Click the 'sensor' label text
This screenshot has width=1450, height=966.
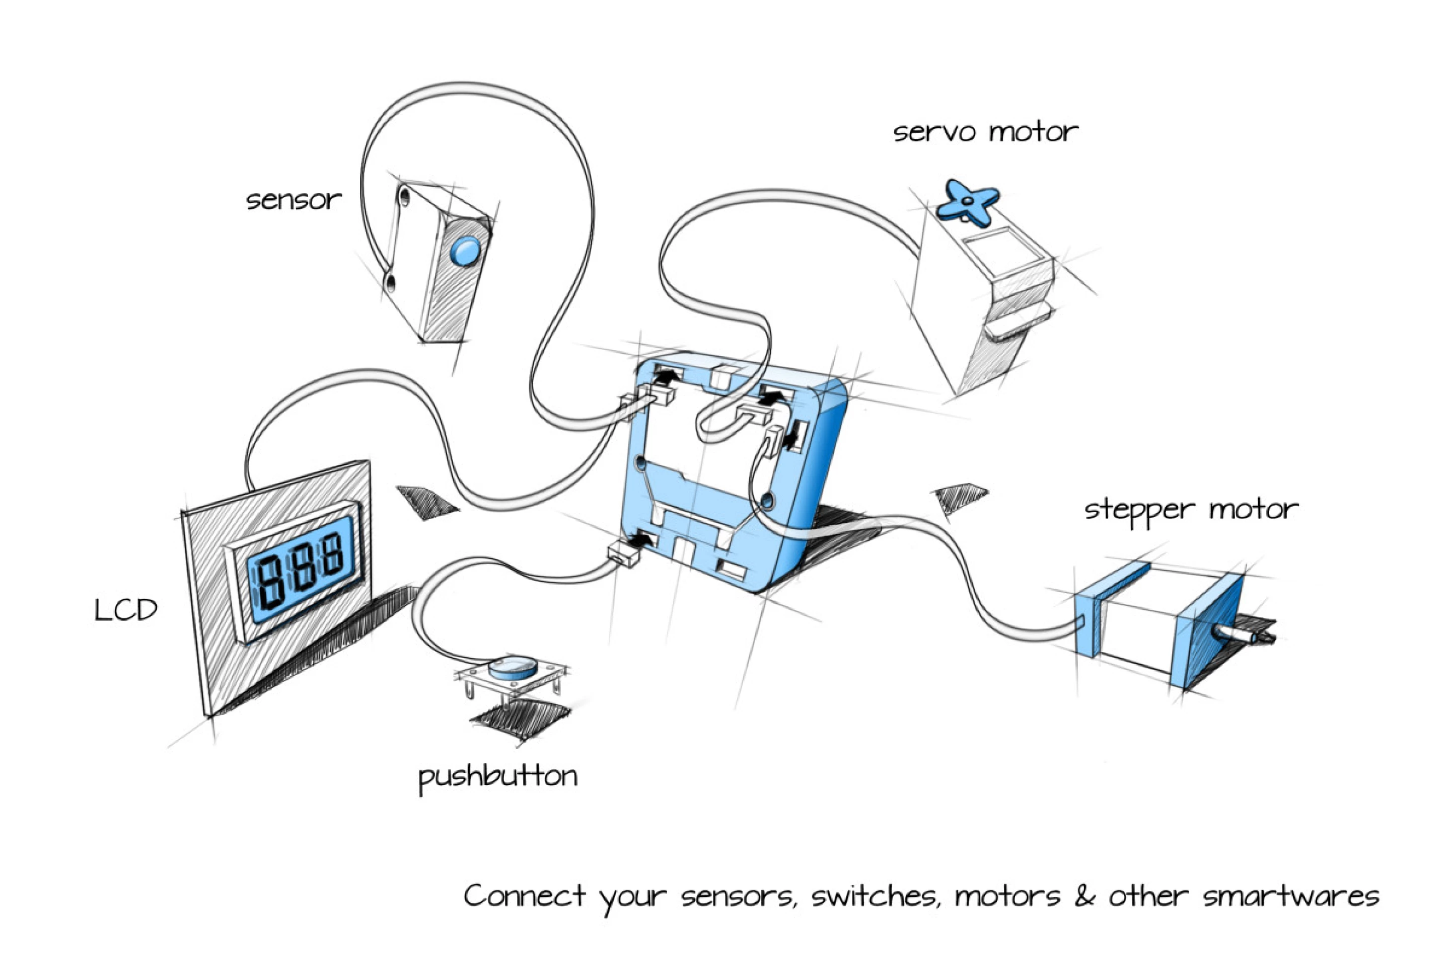point(294,200)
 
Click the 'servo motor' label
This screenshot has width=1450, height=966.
point(985,132)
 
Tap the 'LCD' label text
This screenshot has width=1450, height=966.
point(126,610)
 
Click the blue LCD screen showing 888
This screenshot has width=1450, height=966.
point(302,569)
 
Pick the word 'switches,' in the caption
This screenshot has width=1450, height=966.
point(876,897)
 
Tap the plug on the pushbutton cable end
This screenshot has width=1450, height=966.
point(623,554)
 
